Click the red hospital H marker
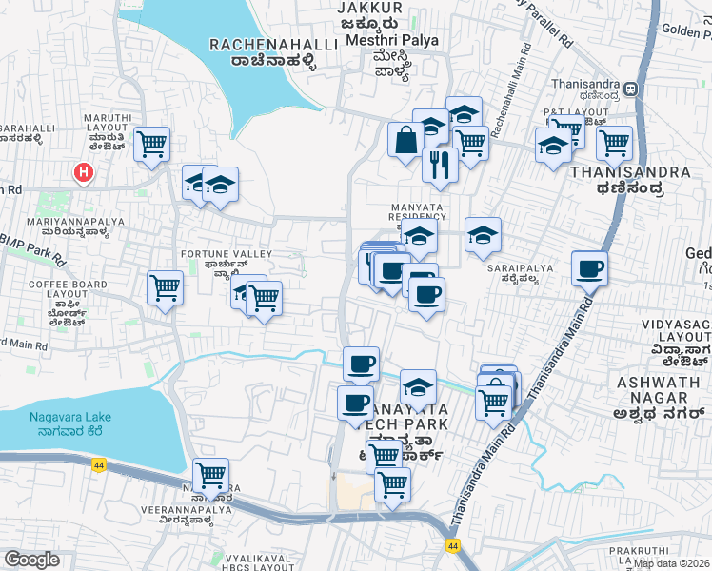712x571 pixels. click(84, 172)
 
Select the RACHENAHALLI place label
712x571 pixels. click(260, 45)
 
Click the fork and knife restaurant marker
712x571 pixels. click(439, 163)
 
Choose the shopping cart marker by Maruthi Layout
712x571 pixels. click(152, 144)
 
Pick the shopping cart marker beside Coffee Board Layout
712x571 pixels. click(165, 287)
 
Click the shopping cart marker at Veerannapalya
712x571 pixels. click(209, 474)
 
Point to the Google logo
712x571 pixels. click(31, 560)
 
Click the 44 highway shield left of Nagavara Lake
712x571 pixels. click(99, 464)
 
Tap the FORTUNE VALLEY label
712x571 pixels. click(227, 254)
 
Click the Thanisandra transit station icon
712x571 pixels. click(631, 90)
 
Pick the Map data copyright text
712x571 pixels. click(672, 562)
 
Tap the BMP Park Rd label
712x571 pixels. click(34, 248)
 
